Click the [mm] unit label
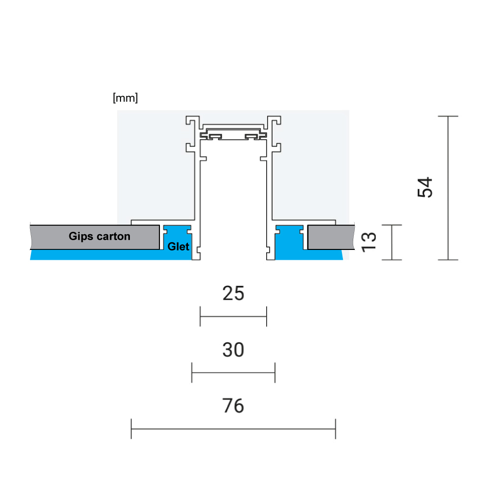[x=125, y=98]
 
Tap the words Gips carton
[x=99, y=236]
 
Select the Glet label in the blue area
[x=178, y=246]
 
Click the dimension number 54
[x=425, y=187]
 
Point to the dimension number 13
[x=369, y=242]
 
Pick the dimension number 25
[x=233, y=294]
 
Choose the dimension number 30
[x=233, y=350]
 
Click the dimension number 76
[x=233, y=406]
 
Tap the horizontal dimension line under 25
[x=233, y=316]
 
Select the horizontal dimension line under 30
[x=233, y=372]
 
